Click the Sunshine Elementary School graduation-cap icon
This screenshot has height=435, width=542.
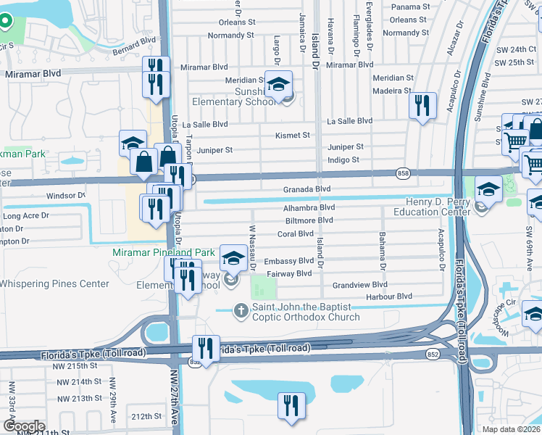coord(278,86)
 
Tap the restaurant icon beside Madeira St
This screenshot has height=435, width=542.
coord(421,107)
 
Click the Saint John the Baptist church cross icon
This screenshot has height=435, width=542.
coord(241,310)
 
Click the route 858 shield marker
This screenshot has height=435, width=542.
coord(404,173)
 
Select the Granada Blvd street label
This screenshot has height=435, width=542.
coord(307,189)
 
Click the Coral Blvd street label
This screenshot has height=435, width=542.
coord(295,234)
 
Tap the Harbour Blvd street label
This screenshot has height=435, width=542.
coord(389,297)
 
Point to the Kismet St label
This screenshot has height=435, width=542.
coord(292,136)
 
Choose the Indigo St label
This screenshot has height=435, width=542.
coord(343,159)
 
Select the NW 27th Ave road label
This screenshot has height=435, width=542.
coord(174,406)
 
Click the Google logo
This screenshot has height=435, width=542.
coord(23,426)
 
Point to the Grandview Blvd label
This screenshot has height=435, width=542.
coord(360,285)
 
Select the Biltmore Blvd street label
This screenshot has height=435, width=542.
coord(309,220)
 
